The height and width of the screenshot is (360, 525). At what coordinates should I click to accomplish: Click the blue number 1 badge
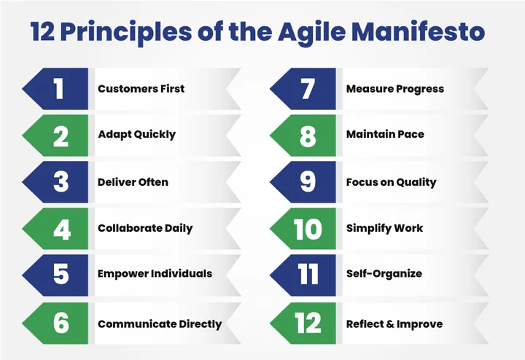pyautogui.click(x=59, y=89)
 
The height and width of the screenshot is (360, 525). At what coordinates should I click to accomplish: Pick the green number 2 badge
pyautogui.click(x=59, y=135)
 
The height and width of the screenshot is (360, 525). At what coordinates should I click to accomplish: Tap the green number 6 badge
pyautogui.click(x=59, y=323)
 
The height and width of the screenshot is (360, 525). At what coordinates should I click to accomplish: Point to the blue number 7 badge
pyautogui.click(x=307, y=89)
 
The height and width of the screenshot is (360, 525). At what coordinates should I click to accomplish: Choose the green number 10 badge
pyautogui.click(x=307, y=229)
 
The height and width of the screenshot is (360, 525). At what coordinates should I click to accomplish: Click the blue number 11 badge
pyautogui.click(x=307, y=275)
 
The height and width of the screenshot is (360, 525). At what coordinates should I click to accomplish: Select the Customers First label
pyautogui.click(x=141, y=89)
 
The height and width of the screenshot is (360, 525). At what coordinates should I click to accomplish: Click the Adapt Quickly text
pyautogui.click(x=136, y=135)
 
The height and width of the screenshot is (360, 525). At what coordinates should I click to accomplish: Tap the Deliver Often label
pyautogui.click(x=133, y=181)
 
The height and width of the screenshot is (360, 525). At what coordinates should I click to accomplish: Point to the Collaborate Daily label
pyautogui.click(x=145, y=228)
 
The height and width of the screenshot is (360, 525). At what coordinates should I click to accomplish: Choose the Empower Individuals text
pyautogui.click(x=155, y=274)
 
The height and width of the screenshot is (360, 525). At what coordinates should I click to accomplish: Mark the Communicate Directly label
pyautogui.click(x=160, y=324)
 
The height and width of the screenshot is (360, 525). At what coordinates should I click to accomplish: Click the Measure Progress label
pyautogui.click(x=394, y=89)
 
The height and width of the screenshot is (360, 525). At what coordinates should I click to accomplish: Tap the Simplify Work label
pyautogui.click(x=384, y=228)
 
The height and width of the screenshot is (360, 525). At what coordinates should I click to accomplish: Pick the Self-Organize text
pyautogui.click(x=384, y=274)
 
